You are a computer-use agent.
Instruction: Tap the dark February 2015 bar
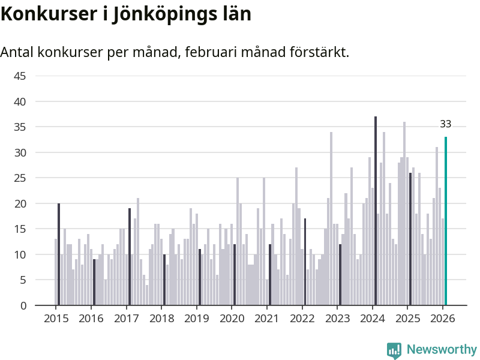click(59, 254)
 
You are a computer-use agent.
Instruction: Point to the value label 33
click(446, 124)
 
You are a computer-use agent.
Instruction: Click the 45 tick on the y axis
click(20, 76)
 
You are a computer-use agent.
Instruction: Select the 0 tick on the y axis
click(23, 305)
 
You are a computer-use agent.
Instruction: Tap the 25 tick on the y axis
click(20, 178)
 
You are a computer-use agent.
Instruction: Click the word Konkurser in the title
click(47, 14)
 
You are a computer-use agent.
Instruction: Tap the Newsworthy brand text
click(442, 350)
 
